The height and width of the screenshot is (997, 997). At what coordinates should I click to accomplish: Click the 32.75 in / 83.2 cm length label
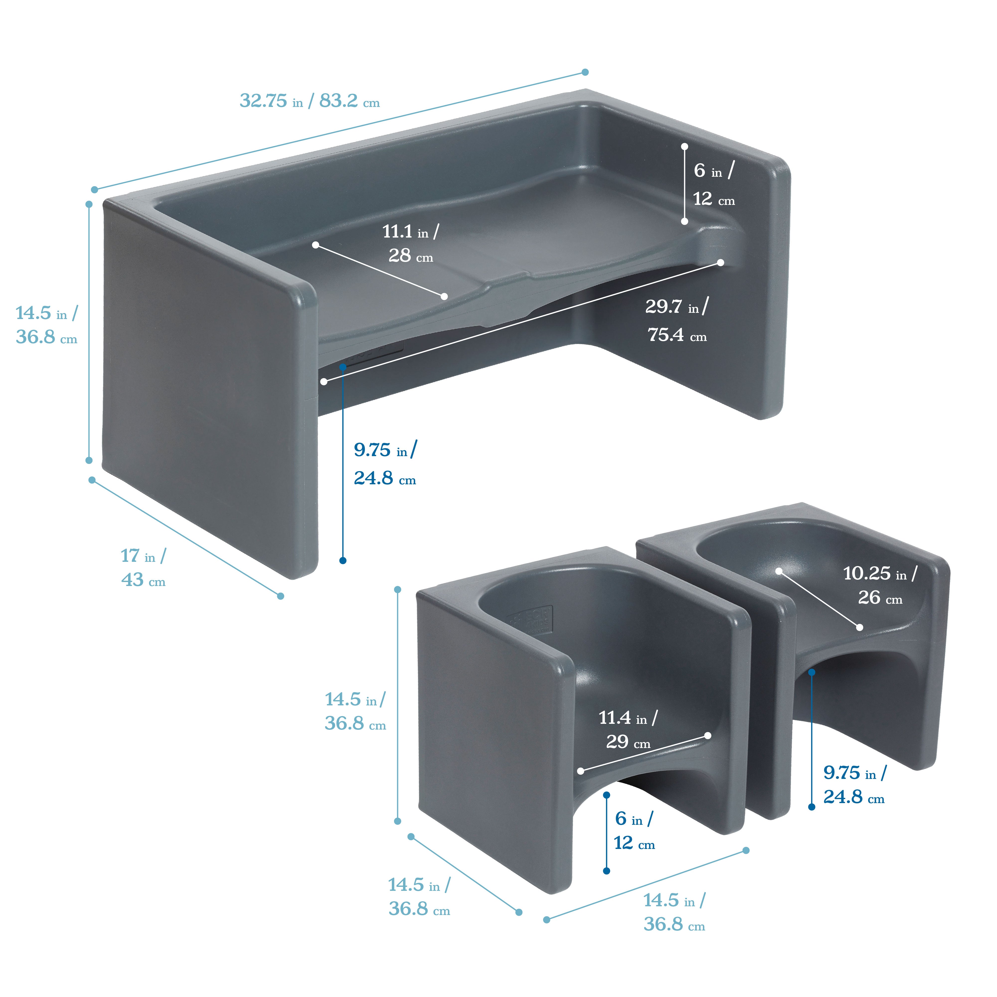[310, 101]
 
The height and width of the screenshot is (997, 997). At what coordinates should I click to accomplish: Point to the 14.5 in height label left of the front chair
[355, 711]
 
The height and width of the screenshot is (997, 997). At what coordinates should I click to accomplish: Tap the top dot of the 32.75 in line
[585, 72]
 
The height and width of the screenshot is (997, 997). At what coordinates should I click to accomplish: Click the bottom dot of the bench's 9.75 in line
[343, 560]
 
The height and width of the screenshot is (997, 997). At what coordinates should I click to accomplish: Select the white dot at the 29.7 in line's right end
[720, 263]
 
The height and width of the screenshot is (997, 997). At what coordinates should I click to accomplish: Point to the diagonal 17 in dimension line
[186, 538]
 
